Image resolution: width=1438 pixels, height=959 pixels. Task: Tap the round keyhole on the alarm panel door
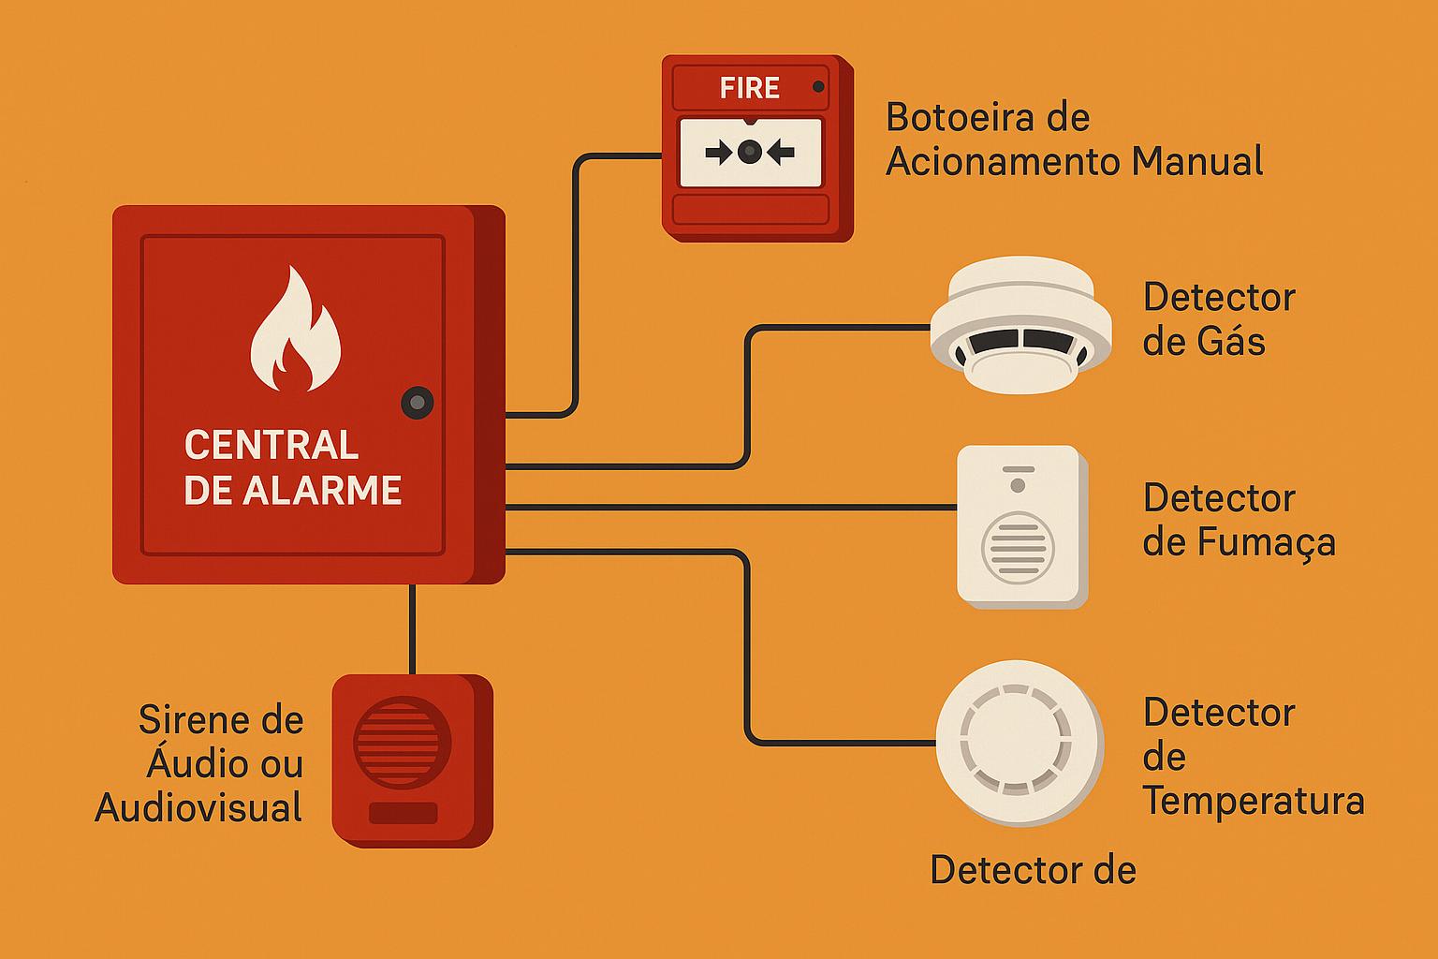(418, 403)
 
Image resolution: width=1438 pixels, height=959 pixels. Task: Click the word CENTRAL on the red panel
(271, 445)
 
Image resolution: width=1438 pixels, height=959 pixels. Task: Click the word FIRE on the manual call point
(749, 88)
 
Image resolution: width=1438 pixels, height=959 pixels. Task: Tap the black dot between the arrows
(749, 152)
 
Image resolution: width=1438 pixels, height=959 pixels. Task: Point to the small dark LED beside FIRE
(818, 87)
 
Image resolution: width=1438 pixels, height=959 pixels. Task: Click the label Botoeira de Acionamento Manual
(1073, 140)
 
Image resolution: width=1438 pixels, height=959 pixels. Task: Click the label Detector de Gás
(1217, 319)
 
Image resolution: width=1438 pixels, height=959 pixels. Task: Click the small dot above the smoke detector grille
(1018, 485)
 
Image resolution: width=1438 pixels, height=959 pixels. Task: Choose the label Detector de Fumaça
(1238, 521)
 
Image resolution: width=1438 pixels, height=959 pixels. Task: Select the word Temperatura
(1253, 802)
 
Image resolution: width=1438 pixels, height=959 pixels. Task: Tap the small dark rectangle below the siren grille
(403, 813)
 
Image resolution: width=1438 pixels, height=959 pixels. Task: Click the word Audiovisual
(198, 807)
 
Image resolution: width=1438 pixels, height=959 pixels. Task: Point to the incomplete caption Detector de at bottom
(1032, 871)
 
